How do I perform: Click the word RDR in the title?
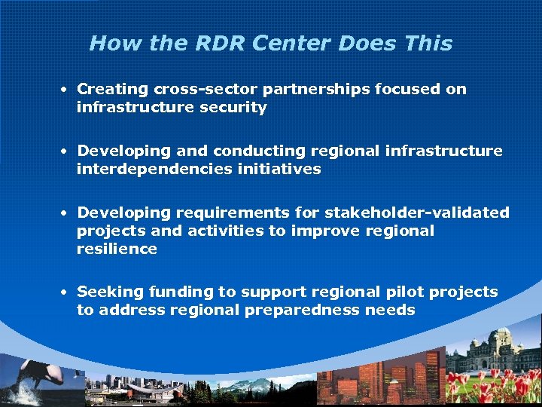215,43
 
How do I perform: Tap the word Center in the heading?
291,43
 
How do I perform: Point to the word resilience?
117,249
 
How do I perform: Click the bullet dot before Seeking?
66,292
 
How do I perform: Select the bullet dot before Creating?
66,89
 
